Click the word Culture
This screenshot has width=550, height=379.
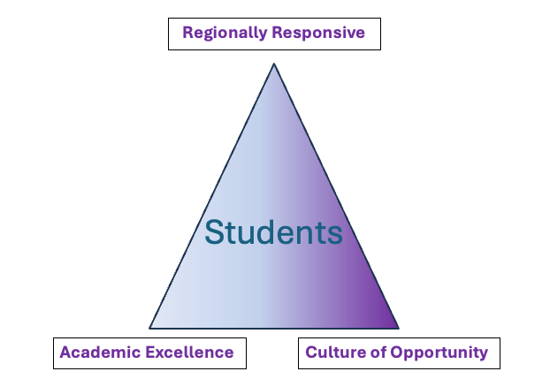point(332,352)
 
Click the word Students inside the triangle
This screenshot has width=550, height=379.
point(273,232)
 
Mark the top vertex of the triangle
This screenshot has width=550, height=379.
point(274,64)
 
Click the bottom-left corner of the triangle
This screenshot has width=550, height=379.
point(150,328)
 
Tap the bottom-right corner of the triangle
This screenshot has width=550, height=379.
point(398,328)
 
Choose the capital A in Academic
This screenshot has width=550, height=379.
point(65,352)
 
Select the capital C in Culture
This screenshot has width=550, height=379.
point(311,352)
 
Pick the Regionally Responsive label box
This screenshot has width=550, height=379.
point(274,34)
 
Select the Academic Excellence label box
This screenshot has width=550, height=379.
point(149,353)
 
